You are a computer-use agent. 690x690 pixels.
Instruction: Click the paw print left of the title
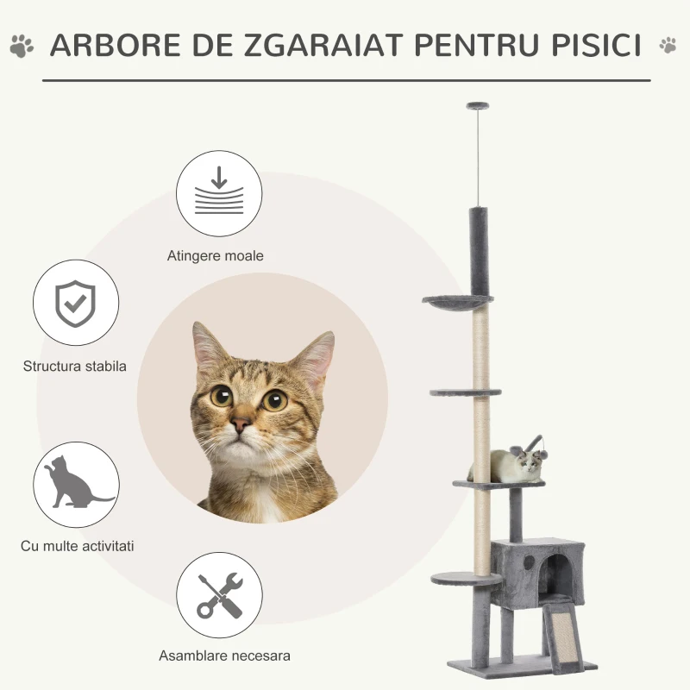(x=22, y=46)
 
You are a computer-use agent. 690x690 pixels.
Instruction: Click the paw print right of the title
(x=668, y=46)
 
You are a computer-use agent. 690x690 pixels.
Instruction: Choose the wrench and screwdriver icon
(x=219, y=595)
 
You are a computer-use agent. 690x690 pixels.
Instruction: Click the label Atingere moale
(x=216, y=256)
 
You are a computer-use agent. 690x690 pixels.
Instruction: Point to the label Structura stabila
(x=75, y=366)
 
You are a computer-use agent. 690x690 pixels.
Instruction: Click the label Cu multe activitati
(x=78, y=546)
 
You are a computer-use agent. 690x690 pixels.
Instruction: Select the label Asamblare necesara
(x=224, y=655)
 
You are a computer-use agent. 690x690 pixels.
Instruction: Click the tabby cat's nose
(x=242, y=423)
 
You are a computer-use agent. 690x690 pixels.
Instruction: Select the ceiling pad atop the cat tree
(x=476, y=106)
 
